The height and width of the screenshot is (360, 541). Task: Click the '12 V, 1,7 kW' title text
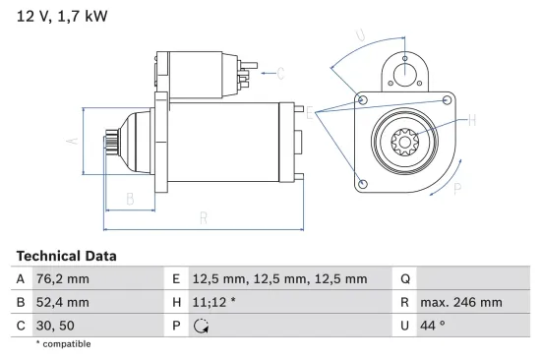pos(62,16)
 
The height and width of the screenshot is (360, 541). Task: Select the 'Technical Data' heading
pos(66,256)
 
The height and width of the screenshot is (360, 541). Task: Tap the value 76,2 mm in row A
pos(62,279)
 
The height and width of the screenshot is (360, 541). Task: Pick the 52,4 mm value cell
pos(62,302)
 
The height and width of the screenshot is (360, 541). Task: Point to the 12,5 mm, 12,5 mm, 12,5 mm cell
pos(279,279)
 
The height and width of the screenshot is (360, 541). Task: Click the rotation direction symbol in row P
pos(203,326)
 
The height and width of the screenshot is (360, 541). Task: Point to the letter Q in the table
pos(404,279)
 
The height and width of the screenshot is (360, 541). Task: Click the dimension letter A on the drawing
pos(71,140)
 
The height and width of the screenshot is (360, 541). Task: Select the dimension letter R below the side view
pos(202,217)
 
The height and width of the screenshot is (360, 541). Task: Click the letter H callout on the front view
pos(472,120)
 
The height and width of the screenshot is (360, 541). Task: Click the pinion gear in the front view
pos(405,144)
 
